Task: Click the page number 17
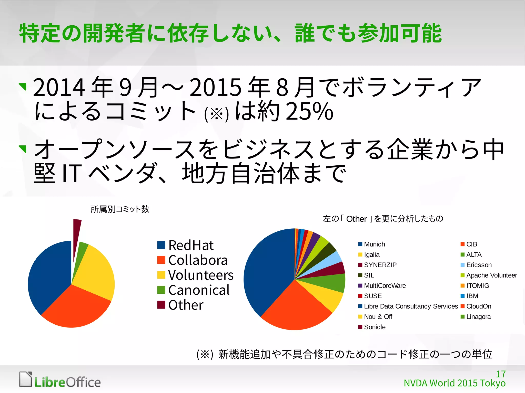tap(501, 374)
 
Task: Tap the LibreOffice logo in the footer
tap(60, 380)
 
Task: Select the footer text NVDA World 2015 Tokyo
tap(455, 383)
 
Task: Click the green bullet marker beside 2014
tap(23, 86)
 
